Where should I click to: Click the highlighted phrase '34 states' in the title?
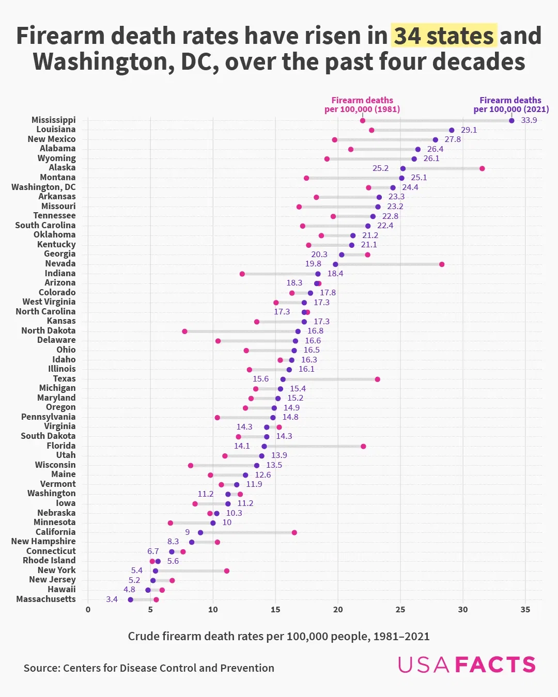444,36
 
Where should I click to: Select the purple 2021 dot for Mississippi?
512,121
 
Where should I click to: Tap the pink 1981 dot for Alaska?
482,168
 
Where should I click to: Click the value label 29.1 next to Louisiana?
469,130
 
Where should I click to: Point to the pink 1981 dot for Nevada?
442,264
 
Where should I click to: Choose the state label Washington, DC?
43,187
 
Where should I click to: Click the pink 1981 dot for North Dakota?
184,331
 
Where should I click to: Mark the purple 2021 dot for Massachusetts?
130,599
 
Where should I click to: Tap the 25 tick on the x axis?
400,610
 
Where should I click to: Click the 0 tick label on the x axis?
88,610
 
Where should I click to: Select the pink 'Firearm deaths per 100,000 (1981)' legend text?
362,104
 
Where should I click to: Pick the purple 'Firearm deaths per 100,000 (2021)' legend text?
510,104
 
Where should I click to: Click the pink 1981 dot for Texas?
377,379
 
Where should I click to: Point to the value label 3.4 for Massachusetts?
112,599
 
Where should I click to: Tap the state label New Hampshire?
43,541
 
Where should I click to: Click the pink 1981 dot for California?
294,532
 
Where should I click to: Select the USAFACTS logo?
467,664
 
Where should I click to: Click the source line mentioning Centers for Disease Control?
149,668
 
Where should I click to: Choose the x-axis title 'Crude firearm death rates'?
278,636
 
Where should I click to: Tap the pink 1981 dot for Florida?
363,446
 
